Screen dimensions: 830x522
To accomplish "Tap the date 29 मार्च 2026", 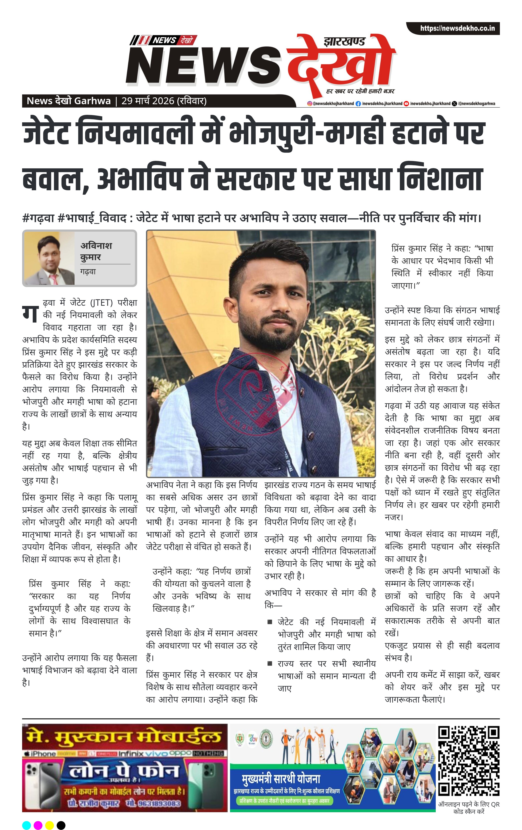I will [148, 101].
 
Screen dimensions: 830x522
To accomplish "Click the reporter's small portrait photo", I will [49, 258].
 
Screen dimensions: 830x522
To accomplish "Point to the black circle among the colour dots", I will [61, 825].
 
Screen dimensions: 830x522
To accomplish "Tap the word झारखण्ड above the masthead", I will [344, 42].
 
